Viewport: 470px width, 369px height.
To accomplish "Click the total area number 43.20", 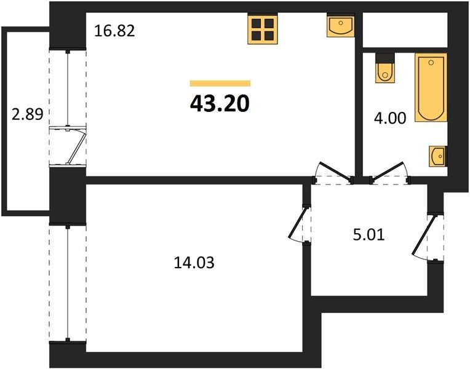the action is point(220,104).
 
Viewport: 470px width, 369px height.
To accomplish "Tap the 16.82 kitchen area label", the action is point(114,31).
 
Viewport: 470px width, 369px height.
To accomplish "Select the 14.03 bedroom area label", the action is point(194,263).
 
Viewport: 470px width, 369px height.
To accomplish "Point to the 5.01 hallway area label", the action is point(368,235).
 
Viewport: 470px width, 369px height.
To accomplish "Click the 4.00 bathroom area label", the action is point(390,118).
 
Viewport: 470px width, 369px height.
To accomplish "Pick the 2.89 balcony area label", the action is point(28,114).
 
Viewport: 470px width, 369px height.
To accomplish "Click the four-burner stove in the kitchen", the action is point(263,29).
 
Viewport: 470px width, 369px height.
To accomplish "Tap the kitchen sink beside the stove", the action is point(340,26).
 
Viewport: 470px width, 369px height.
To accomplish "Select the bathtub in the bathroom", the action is point(431,87).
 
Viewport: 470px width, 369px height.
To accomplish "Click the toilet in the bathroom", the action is point(385,68).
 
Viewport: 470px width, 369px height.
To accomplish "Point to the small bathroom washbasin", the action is point(438,156).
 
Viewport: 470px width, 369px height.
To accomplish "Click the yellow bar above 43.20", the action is point(220,83).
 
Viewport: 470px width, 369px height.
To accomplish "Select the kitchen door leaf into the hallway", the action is point(335,171).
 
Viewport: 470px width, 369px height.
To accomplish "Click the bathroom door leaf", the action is point(387,171).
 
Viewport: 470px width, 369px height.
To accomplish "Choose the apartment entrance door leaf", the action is point(423,236).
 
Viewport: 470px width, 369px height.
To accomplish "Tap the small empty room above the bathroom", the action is point(405,30).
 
